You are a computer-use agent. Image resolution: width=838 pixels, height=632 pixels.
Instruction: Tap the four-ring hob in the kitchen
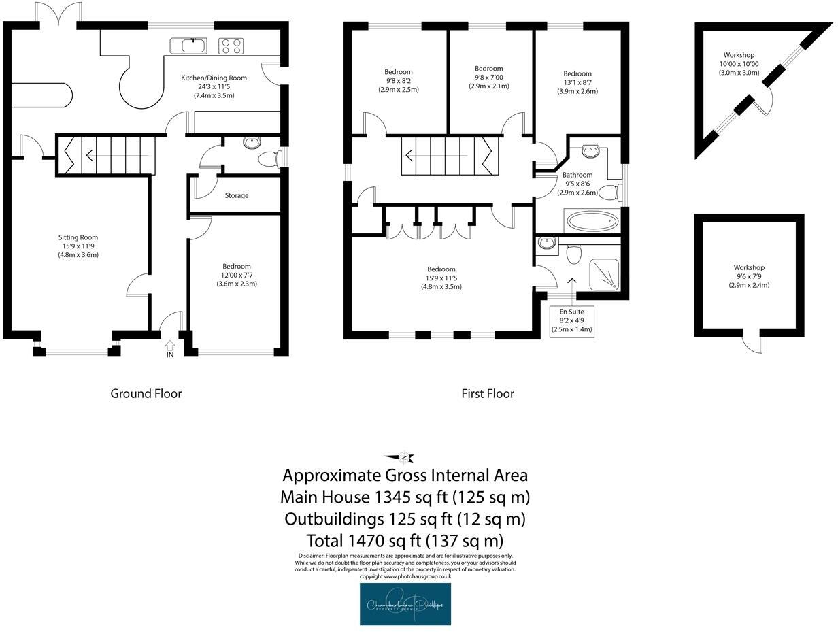230,46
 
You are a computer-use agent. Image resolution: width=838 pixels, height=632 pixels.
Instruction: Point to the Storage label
236,195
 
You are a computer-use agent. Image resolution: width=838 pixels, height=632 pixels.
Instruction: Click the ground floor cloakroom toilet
269,159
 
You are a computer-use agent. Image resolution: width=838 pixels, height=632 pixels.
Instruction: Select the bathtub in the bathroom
592,221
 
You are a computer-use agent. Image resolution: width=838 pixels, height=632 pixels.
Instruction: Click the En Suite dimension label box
571,320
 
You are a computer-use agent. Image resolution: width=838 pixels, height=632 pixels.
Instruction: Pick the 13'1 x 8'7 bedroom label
577,82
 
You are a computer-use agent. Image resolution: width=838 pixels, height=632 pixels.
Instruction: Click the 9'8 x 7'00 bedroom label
488,78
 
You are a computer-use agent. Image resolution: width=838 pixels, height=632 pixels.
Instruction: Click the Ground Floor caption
146,393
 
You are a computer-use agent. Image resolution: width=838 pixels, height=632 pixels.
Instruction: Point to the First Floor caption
487,393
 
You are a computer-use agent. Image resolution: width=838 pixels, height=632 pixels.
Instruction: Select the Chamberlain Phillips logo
405,603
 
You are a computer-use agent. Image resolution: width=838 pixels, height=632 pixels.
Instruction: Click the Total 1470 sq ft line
405,541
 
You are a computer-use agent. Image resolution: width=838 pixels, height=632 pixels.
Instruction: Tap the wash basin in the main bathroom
590,150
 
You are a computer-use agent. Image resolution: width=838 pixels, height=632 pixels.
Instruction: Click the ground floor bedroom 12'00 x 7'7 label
236,275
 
